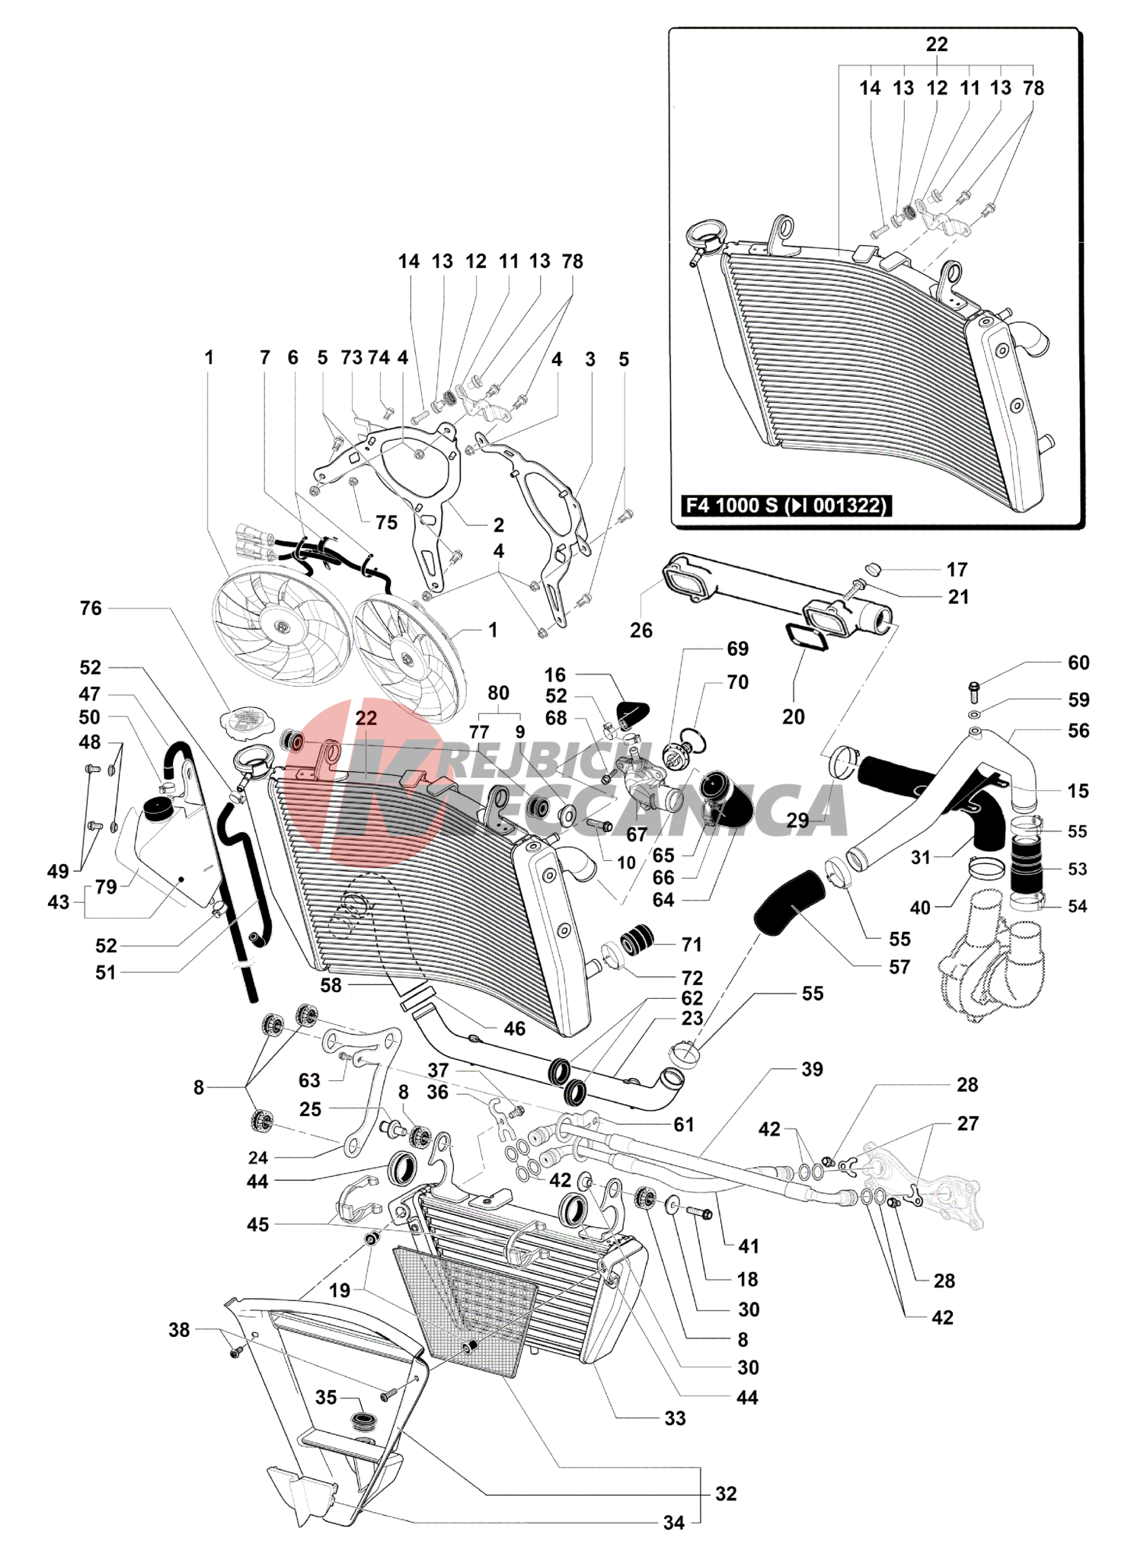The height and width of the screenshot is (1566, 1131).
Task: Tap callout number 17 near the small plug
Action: coord(957,569)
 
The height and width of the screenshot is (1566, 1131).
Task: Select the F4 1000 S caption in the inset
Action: coord(784,506)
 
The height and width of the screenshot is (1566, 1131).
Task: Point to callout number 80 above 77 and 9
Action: coord(498,693)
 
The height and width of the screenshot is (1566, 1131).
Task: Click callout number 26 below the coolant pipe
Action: coord(641,630)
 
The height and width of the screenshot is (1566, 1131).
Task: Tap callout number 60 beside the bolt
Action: coord(1078,662)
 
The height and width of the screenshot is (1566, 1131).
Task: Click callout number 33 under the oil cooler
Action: coord(675,1418)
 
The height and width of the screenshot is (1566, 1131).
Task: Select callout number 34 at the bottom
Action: coord(673,1523)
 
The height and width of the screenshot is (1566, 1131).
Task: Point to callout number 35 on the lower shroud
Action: coord(326,1397)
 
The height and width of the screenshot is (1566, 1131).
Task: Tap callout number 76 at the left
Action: coord(91,608)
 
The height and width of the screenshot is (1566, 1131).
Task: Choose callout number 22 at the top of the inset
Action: coord(936,44)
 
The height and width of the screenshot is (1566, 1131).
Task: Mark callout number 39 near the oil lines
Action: coord(812,1069)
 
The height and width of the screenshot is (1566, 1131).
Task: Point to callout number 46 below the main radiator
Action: coord(514,1029)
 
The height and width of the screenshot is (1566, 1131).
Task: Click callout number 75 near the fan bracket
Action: coord(386,522)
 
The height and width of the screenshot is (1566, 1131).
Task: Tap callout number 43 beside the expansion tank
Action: coord(59,902)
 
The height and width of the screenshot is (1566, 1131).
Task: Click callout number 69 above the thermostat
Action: coord(737,649)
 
